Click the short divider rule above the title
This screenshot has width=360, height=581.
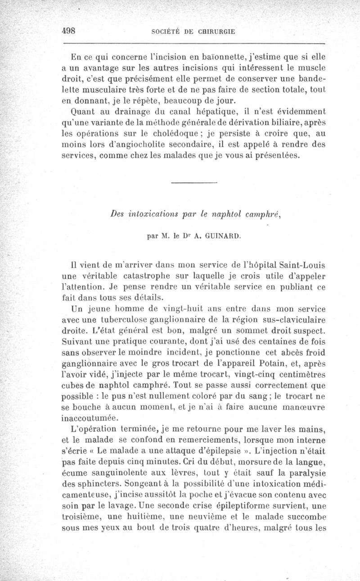[x=194, y=182]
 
